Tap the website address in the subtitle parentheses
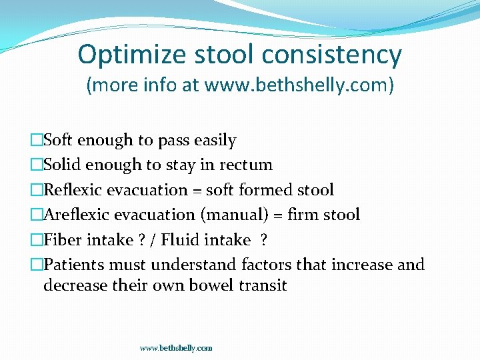298,86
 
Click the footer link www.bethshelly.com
176,348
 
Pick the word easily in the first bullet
215,141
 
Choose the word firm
304,215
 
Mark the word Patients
73,265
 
